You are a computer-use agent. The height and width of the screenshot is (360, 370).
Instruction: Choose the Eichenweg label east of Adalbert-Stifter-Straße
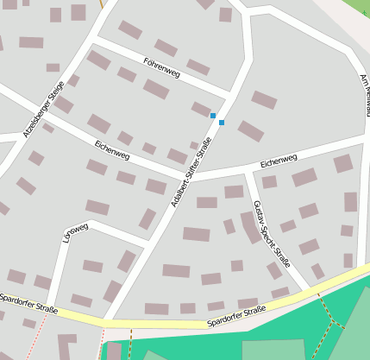point(279,161)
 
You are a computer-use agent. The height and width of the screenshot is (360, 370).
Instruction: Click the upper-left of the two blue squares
point(213,115)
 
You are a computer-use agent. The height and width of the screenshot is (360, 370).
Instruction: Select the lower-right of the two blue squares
point(222,123)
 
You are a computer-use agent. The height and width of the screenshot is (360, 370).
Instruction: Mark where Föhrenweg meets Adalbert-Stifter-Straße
point(231,94)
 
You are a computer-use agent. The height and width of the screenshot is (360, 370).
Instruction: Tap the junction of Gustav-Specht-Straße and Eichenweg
point(248,169)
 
